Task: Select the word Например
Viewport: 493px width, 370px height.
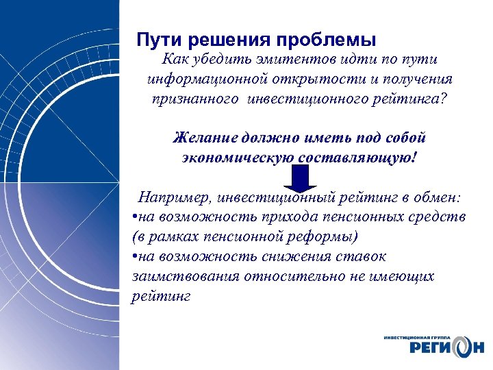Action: click(x=175, y=199)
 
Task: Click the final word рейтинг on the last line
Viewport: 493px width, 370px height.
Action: click(x=159, y=296)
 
